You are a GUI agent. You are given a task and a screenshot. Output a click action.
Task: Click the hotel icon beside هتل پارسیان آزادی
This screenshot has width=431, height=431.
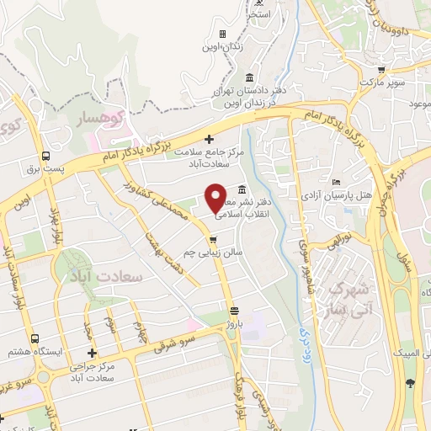point(337,182)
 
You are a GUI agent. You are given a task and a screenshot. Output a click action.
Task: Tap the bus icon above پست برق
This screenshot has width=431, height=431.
point(44,155)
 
